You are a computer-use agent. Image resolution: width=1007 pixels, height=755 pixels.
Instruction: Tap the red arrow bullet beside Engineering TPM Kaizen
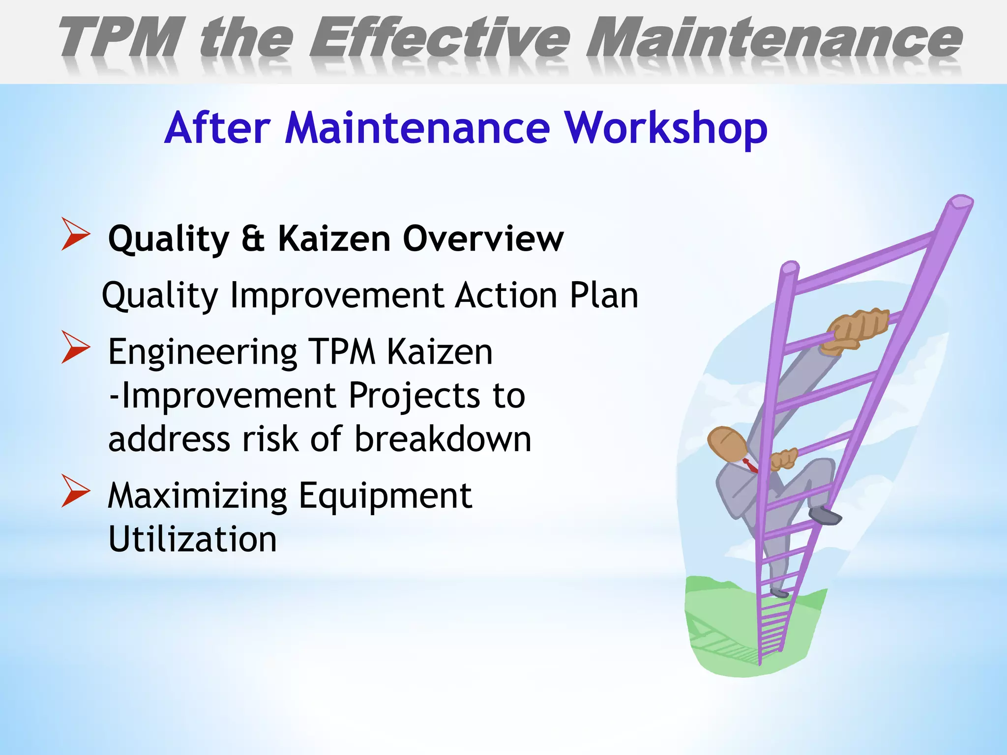(x=75, y=347)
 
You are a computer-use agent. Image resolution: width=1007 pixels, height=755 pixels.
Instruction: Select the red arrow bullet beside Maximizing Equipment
(x=75, y=491)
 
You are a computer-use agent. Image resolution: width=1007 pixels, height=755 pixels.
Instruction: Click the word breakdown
(x=443, y=439)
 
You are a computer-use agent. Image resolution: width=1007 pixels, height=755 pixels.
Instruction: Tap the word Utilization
(x=192, y=540)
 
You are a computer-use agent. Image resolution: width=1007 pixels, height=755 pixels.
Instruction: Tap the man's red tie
(x=750, y=465)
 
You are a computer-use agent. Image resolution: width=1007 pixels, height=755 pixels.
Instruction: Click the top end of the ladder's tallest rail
(x=961, y=202)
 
